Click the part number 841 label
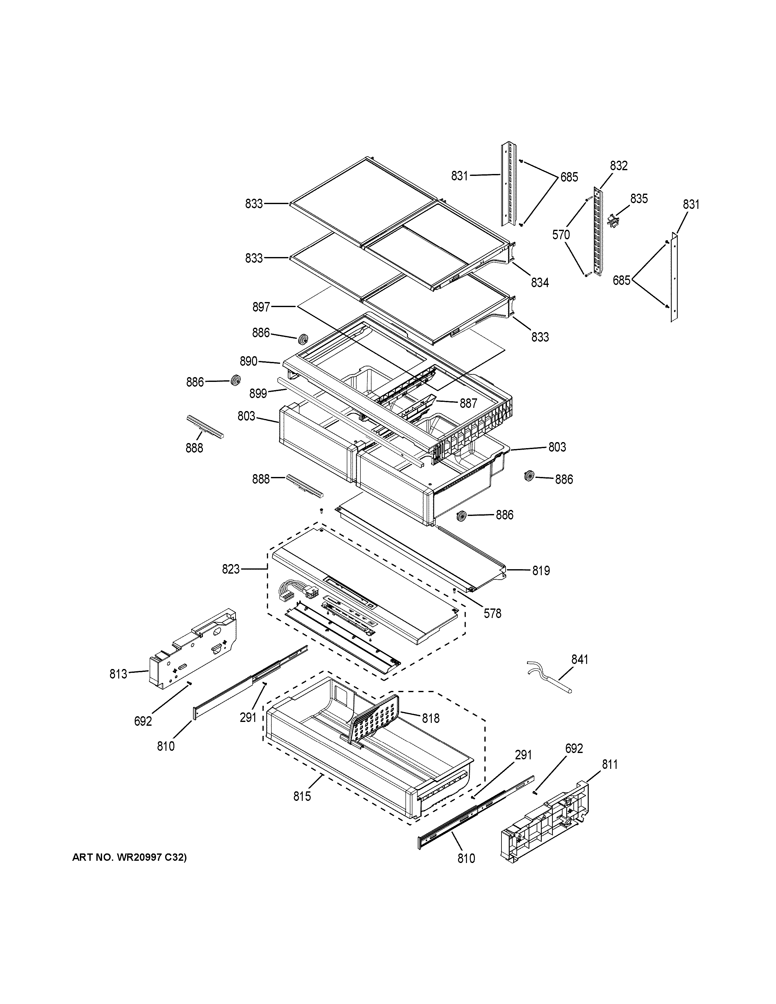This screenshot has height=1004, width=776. coord(579,659)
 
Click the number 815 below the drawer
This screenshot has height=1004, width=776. coord(302,796)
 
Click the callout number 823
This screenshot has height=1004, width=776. coord(231,569)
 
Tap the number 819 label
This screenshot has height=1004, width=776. coord(541,570)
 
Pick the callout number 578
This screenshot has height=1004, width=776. coord(492,613)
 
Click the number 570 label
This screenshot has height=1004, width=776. coord(561,235)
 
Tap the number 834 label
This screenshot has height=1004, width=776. coord(540,283)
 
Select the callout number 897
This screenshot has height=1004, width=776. coord(261,307)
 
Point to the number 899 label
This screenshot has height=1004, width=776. coord(258,394)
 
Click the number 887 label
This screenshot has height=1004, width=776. coord(469,403)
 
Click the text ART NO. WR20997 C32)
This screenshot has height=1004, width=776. coord(130,857)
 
